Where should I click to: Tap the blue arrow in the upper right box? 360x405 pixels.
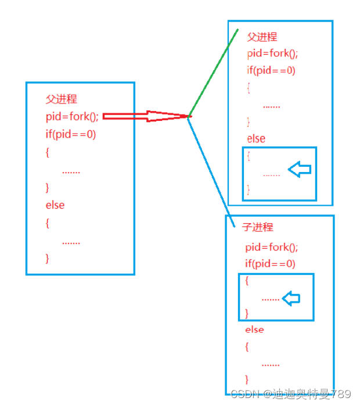(x=300, y=170)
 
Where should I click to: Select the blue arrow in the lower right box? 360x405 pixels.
(x=291, y=299)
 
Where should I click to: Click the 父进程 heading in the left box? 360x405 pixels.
(x=61, y=99)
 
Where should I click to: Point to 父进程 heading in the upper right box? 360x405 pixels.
(x=262, y=37)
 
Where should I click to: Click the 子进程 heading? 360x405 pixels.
(x=257, y=227)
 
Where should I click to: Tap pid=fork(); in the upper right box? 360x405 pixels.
(x=272, y=54)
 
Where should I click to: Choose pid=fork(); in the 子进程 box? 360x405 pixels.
(x=271, y=247)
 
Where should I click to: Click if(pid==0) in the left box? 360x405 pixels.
(x=71, y=134)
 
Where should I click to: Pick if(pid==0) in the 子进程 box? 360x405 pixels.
(x=270, y=264)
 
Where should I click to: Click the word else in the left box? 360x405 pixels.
(x=55, y=205)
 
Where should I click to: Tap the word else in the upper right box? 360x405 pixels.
(x=256, y=139)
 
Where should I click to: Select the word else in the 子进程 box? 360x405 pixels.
(x=254, y=329)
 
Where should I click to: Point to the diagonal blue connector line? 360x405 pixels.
(x=211, y=169)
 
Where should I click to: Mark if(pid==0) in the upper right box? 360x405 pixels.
(x=271, y=71)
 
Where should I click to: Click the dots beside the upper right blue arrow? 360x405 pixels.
(x=271, y=174)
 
